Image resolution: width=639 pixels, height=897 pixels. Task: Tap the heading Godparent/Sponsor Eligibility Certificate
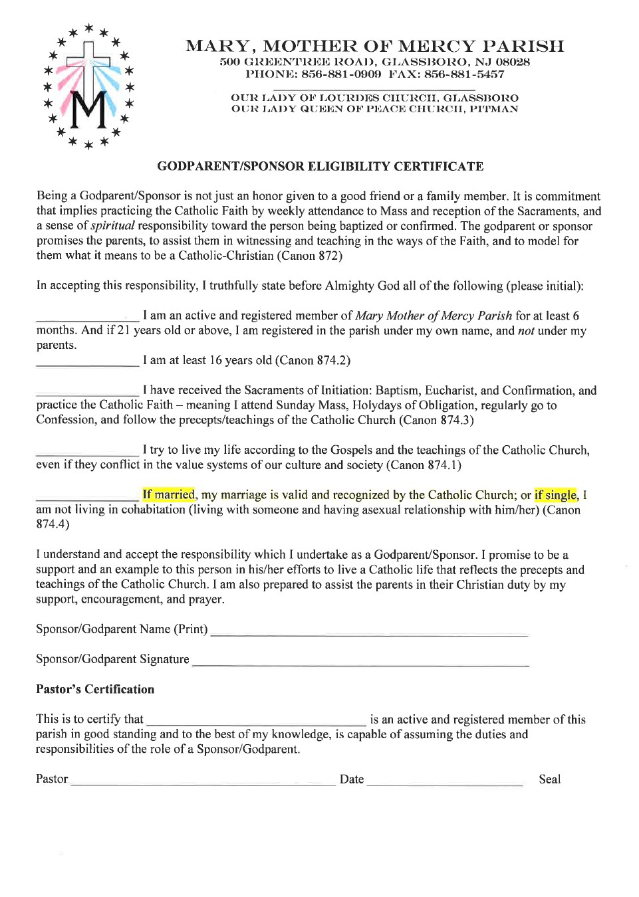click(320, 166)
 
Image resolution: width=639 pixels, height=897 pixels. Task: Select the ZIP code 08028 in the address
click(513, 62)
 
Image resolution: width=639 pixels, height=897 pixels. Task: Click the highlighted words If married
click(168, 494)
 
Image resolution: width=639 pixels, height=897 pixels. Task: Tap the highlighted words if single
click(556, 495)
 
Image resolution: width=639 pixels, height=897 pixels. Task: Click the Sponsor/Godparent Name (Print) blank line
click(369, 634)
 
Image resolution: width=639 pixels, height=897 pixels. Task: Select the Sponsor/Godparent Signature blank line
click(360, 664)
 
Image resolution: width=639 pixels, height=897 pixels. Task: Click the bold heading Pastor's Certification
click(95, 689)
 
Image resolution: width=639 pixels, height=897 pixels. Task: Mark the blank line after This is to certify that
click(256, 724)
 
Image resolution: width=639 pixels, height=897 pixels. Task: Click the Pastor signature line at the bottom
click(203, 784)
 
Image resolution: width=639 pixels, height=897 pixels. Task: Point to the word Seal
click(549, 779)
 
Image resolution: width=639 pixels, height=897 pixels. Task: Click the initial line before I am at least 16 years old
click(88, 365)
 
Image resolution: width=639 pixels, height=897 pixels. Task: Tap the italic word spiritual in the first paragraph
click(112, 226)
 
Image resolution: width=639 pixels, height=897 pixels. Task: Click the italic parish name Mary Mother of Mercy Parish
click(433, 316)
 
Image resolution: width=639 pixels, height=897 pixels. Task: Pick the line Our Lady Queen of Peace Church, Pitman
click(374, 109)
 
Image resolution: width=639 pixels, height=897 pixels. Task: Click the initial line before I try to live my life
click(88, 454)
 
